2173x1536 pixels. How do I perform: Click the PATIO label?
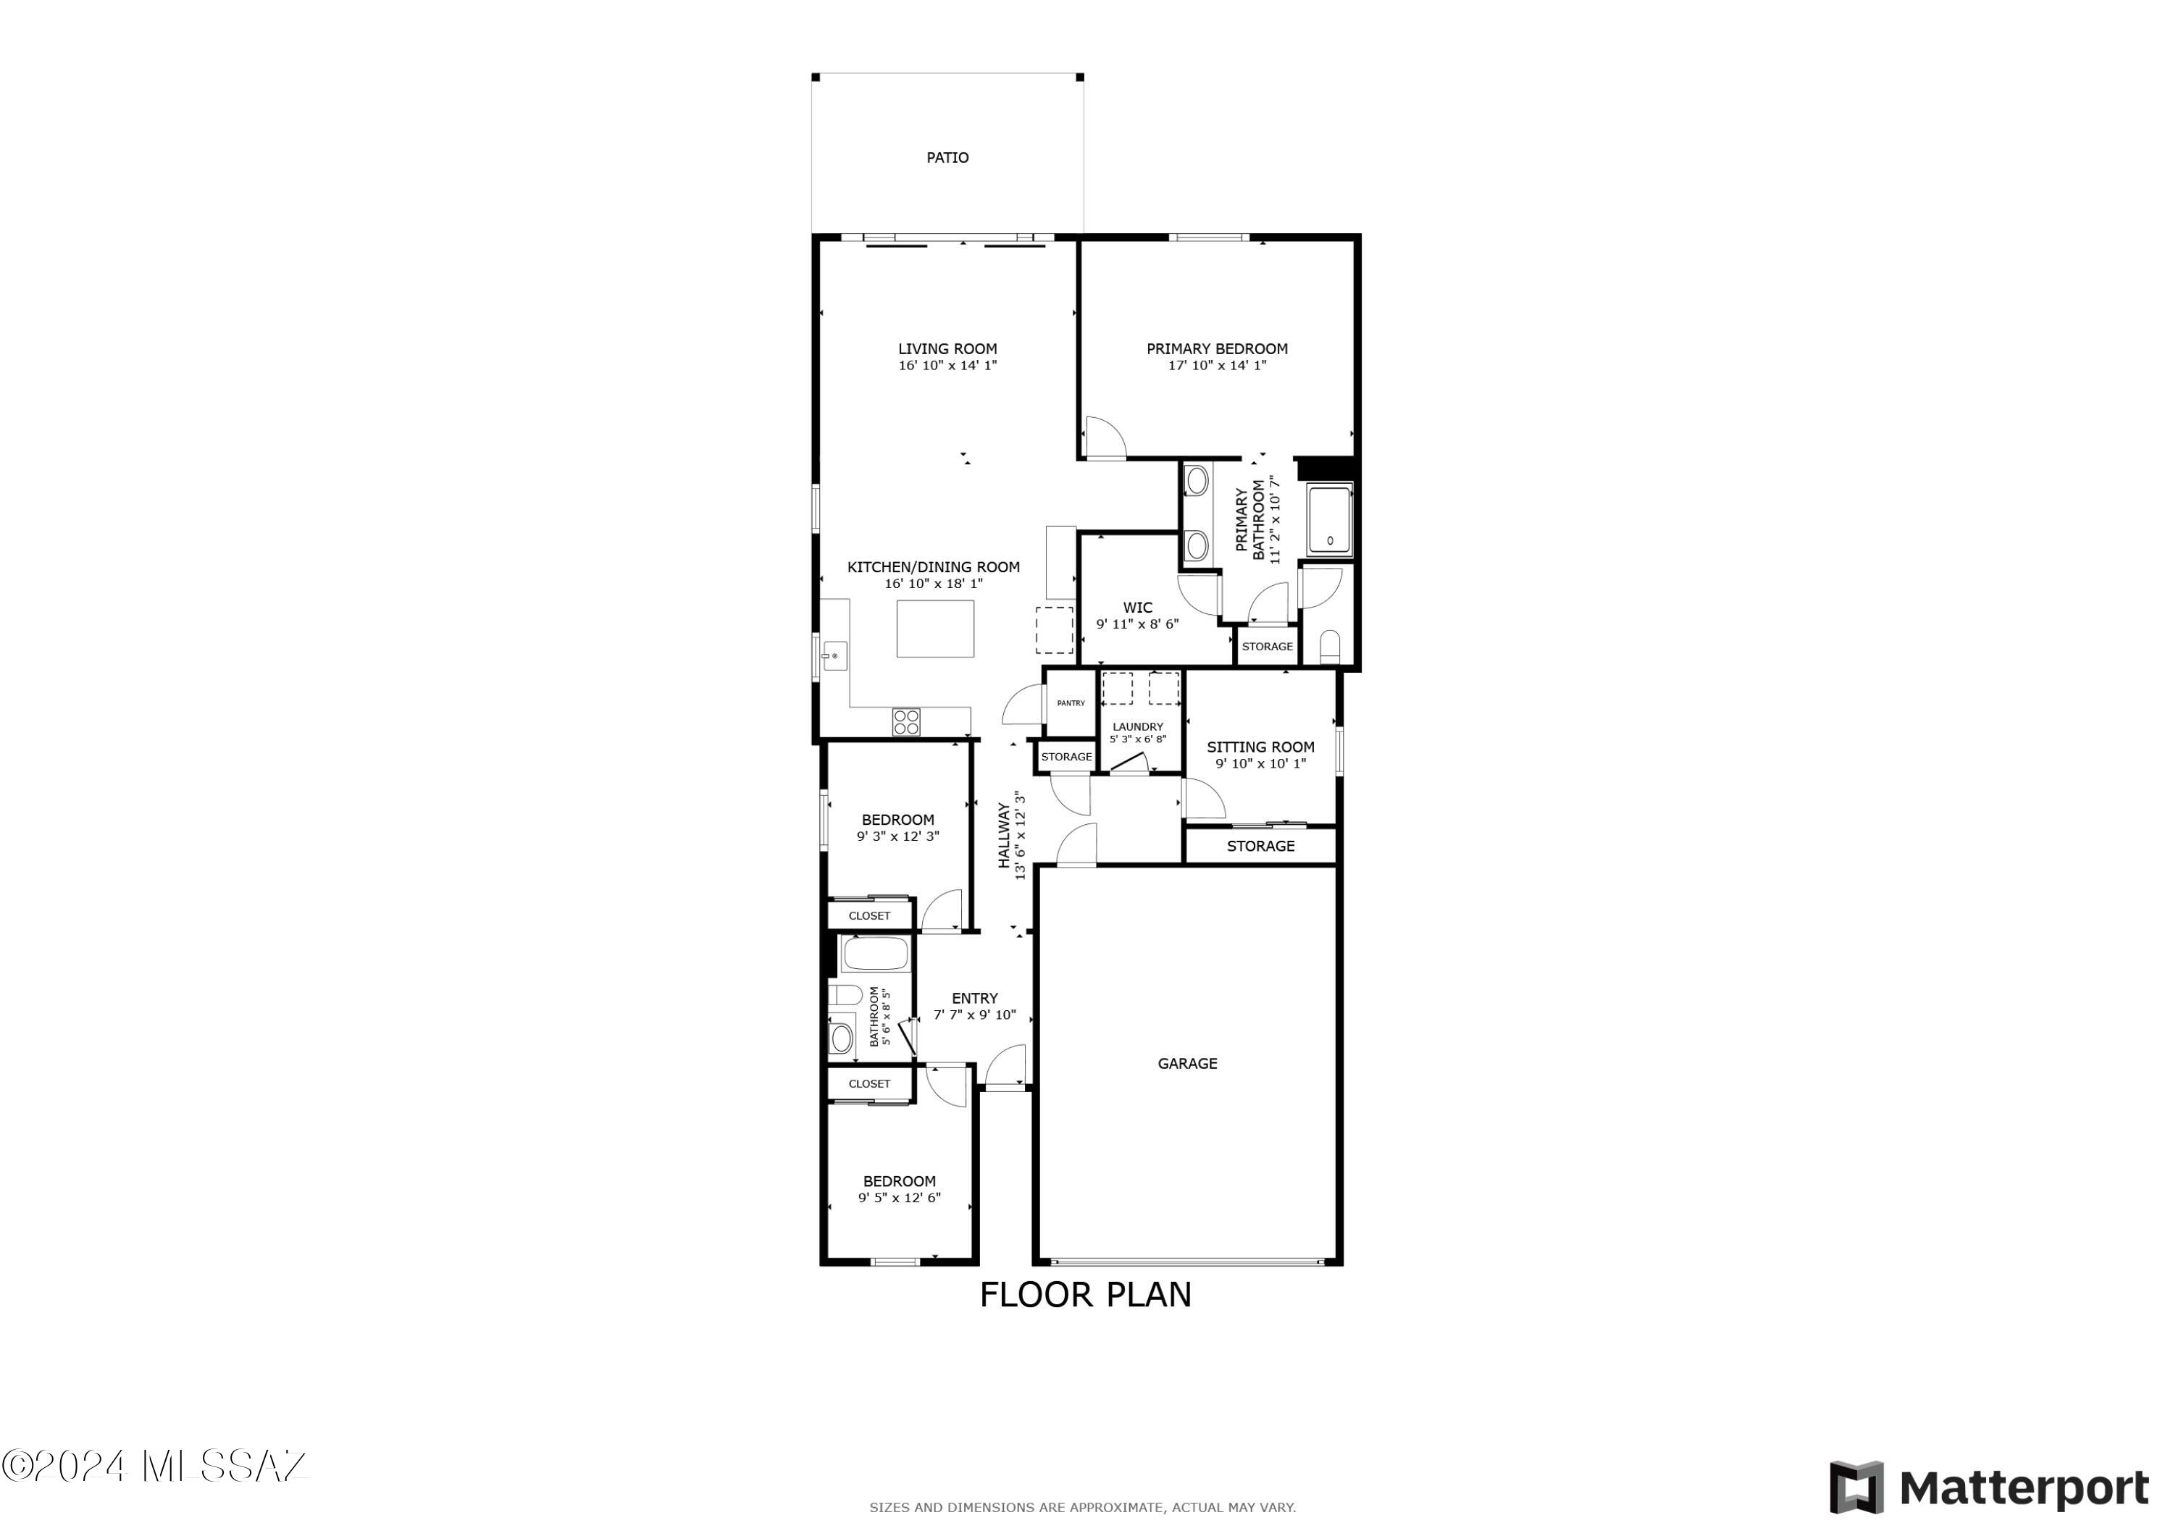click(947, 158)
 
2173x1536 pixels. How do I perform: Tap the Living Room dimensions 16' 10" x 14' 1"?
click(947, 365)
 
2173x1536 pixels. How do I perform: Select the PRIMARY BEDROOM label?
click(1217, 348)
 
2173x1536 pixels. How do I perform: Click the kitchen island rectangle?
click(935, 629)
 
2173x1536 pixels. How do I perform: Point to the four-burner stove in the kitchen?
click(905, 722)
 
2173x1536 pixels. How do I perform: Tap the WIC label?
click(1138, 608)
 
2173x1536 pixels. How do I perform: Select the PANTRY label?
click(1071, 703)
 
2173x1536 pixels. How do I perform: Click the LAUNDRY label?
click(1138, 727)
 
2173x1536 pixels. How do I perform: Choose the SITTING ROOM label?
click(1260, 747)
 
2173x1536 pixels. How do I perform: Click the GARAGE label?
click(1188, 1064)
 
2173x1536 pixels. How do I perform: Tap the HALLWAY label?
click(1004, 836)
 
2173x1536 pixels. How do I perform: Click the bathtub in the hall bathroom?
click(876, 953)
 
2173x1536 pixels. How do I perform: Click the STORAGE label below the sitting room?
click(1260, 846)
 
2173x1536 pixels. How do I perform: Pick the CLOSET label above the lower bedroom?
click(868, 1083)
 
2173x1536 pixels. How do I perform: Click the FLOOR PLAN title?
click(1086, 1295)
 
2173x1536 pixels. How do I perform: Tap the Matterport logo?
click(1988, 1489)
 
